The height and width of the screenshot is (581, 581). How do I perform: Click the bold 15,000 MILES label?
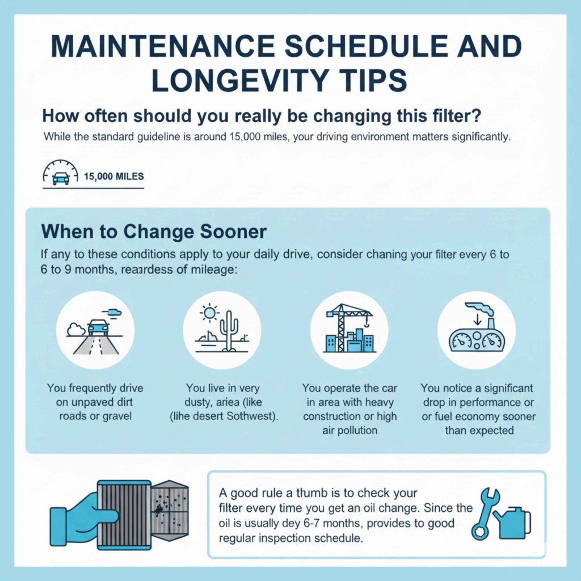pos(113,176)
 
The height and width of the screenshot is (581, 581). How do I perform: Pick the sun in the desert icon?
pos(209,313)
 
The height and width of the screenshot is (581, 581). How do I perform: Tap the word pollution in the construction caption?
pos(356,431)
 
